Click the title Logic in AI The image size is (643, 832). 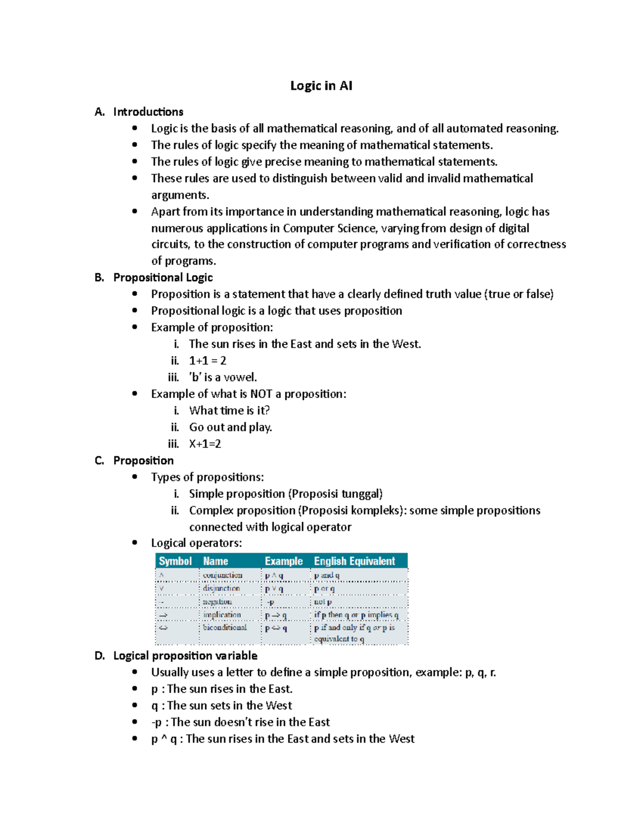(x=321, y=86)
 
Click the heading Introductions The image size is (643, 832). (x=148, y=112)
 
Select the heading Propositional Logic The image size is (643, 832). (x=163, y=278)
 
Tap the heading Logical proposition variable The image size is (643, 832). (x=185, y=656)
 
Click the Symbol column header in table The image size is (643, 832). (x=175, y=561)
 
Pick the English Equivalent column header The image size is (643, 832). (x=354, y=561)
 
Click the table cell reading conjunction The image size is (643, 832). (x=223, y=575)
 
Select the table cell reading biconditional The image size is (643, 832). (x=225, y=627)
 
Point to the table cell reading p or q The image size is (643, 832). (x=324, y=589)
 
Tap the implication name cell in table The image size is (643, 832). (x=222, y=615)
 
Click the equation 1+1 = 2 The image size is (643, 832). (x=207, y=361)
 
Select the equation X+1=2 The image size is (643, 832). (x=205, y=444)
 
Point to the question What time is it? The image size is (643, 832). (x=229, y=410)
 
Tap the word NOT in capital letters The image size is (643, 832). (x=261, y=394)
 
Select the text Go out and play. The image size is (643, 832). (x=230, y=428)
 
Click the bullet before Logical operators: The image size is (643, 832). (x=134, y=543)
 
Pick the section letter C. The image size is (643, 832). (x=99, y=461)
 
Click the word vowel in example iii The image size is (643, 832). (x=239, y=377)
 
